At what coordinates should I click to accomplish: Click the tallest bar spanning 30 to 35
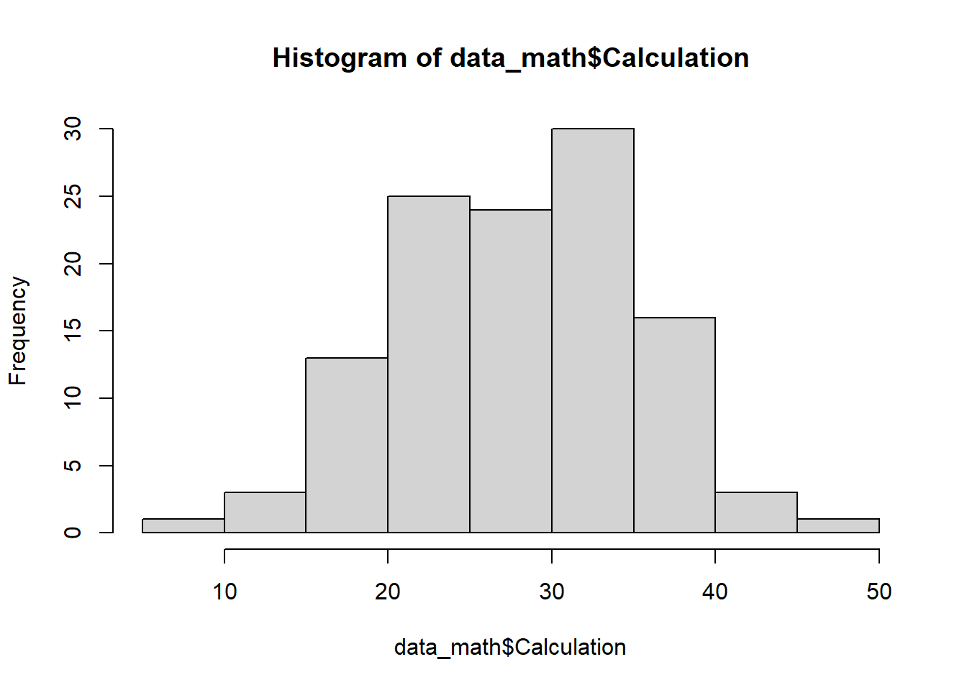coord(592,331)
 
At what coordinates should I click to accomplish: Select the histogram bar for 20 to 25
coord(429,364)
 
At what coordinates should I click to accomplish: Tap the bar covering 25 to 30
coord(511,371)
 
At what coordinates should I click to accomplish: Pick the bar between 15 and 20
coord(347,445)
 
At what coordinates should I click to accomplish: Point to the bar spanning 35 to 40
coord(674,425)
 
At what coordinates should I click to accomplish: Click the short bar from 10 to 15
coord(265,512)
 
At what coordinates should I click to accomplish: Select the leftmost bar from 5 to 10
coord(183,525)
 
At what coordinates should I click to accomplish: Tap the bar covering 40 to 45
coord(756,512)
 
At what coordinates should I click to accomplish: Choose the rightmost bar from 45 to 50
coord(838,525)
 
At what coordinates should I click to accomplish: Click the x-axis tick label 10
coord(224,592)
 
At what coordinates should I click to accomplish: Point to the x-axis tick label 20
coord(388,592)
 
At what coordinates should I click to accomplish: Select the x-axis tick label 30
coord(552,592)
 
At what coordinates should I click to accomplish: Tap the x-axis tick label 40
coord(715,592)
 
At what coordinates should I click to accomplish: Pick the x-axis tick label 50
coord(879,592)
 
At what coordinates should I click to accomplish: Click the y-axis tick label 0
coord(73,533)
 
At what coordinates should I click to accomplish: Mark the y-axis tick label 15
coord(73,331)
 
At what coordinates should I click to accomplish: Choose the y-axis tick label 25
coord(73,196)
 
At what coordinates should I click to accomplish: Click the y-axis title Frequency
coord(18,331)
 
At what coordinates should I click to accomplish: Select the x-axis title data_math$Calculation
coord(510,648)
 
